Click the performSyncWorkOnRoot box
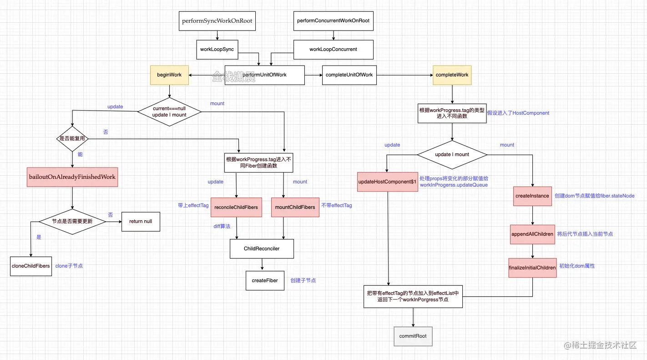pyautogui.click(x=217, y=21)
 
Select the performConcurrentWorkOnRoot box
pyautogui.click(x=333, y=21)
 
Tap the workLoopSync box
pyautogui.click(x=217, y=49)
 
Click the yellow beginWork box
pyautogui.click(x=169, y=75)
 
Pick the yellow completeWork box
pyautogui.click(x=452, y=75)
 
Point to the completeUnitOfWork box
pyautogui.click(x=349, y=75)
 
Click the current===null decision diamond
pyautogui.click(x=169, y=111)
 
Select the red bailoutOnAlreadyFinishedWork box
pyautogui.click(x=73, y=177)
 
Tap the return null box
pyautogui.click(x=141, y=221)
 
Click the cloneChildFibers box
pyautogui.click(x=30, y=266)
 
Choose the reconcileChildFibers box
pyautogui.click(x=236, y=207)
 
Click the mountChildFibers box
pyautogui.click(x=295, y=207)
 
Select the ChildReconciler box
pyautogui.click(x=262, y=248)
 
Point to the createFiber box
pyautogui.click(x=265, y=280)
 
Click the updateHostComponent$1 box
pyautogui.click(x=387, y=182)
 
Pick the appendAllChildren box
pyautogui.click(x=532, y=234)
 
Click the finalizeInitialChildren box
pyautogui.click(x=532, y=268)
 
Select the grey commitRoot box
pyautogui.click(x=413, y=336)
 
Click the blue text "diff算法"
pyautogui.click(x=222, y=226)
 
